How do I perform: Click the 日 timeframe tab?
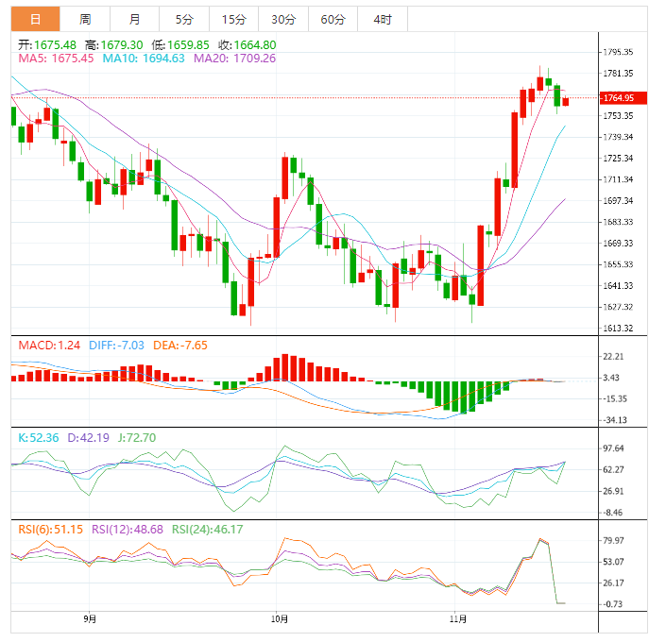(x=35, y=19)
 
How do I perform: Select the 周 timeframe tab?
(x=85, y=19)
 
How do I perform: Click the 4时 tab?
(x=383, y=19)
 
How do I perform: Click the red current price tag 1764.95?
(x=623, y=98)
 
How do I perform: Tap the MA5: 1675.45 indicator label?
(x=56, y=59)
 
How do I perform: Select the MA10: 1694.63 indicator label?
(x=143, y=59)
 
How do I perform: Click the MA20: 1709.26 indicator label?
(x=234, y=59)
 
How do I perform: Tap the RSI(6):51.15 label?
(x=50, y=529)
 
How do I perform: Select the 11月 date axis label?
(x=458, y=619)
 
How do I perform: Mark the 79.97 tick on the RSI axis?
(x=614, y=540)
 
